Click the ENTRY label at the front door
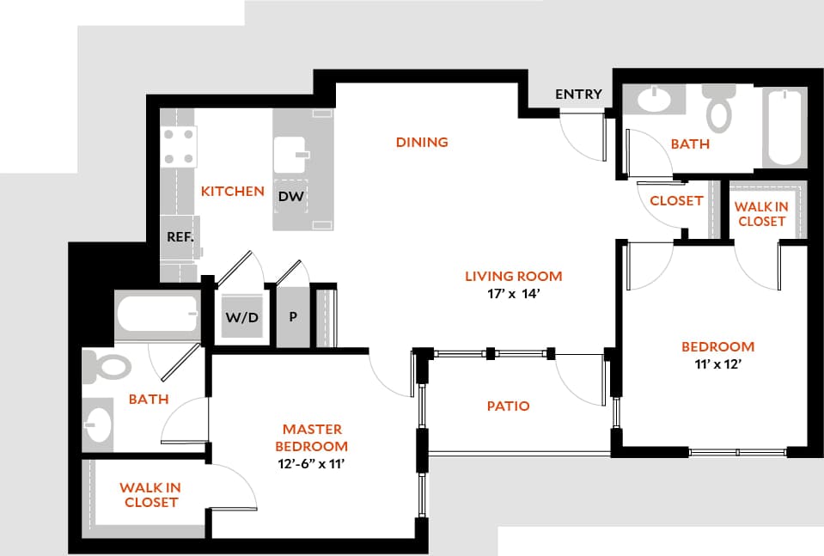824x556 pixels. [578, 95]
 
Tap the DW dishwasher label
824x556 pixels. [291, 197]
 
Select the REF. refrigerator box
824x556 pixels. [180, 236]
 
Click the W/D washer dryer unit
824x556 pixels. [241, 317]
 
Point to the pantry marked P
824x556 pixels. [293, 316]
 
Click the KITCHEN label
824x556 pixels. [232, 191]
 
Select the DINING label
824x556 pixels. [422, 142]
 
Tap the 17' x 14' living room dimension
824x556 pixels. [513, 293]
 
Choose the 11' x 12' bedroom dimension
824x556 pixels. [717, 364]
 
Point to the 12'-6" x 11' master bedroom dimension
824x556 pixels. [311, 464]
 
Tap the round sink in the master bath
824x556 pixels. [99, 424]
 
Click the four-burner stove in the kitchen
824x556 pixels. [178, 146]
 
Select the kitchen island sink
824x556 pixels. [290, 155]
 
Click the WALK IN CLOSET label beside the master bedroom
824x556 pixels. [150, 495]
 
